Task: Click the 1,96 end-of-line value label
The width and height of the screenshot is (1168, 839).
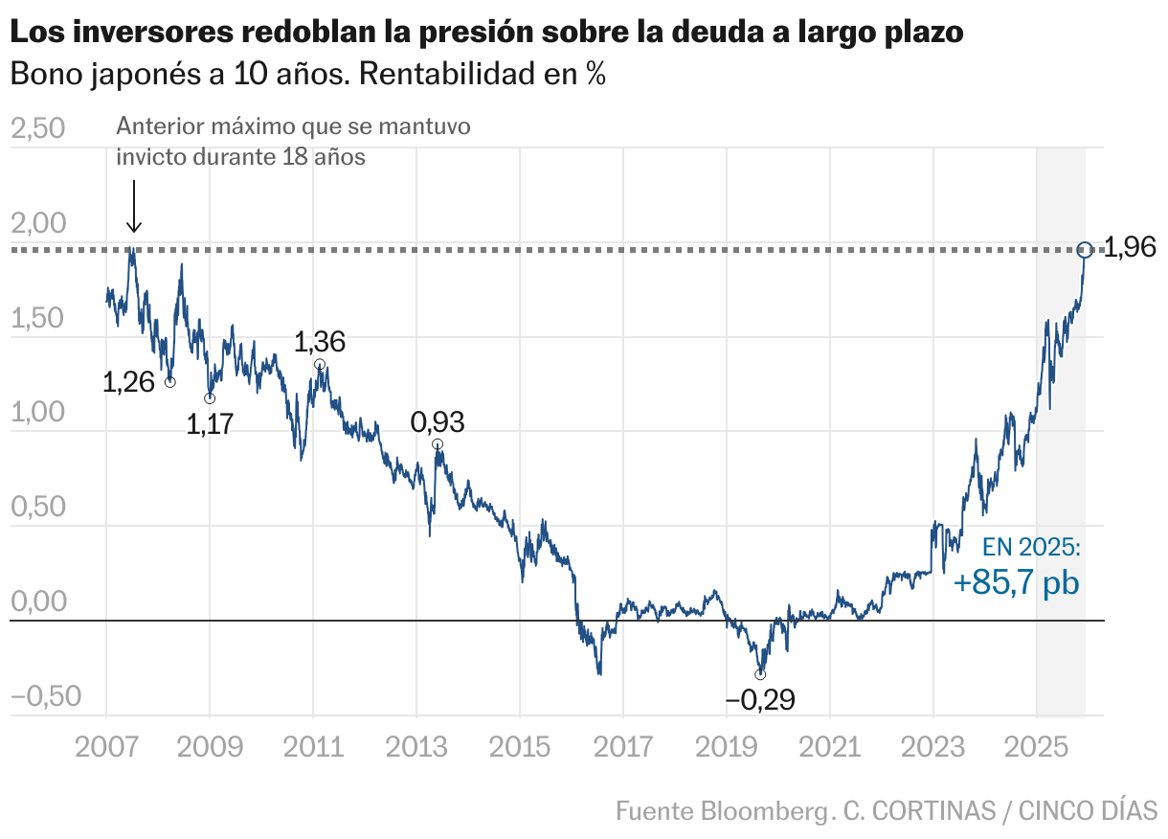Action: [1130, 250]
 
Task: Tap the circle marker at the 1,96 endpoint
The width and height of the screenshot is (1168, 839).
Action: [1085, 250]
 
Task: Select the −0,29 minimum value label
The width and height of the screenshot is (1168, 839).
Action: [760, 700]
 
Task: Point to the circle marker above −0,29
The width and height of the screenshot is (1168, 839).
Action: [760, 674]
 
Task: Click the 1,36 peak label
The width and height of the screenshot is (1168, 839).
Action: [320, 342]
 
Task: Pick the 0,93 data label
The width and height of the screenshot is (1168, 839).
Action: [437, 422]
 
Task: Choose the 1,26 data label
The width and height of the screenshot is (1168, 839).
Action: [129, 383]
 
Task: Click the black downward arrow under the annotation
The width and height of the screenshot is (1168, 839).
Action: [134, 206]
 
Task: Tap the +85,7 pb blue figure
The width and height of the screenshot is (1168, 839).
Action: [1017, 583]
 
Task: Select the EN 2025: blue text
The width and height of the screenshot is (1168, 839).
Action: [1032, 548]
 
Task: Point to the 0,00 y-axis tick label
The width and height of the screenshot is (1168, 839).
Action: [37, 602]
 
